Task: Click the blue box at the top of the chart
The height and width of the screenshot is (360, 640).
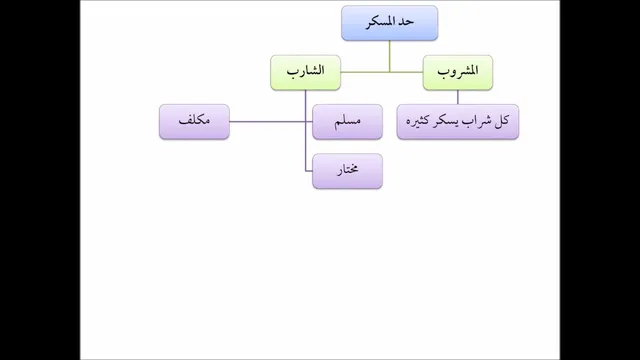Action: click(x=389, y=23)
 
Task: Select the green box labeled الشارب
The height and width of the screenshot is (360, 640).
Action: click(x=305, y=72)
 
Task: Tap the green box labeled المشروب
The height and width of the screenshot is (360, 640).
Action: click(x=458, y=72)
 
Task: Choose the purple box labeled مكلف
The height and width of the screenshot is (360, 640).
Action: click(x=194, y=122)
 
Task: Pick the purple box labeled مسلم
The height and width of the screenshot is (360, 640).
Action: click(x=347, y=122)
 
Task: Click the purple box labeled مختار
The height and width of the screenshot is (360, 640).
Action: click(x=347, y=171)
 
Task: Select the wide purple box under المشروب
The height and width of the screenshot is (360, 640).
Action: click(x=458, y=122)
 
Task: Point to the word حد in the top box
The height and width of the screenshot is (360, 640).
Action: click(x=407, y=22)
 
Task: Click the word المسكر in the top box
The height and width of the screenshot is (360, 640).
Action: click(x=382, y=22)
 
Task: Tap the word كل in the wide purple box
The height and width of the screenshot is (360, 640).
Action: click(x=502, y=121)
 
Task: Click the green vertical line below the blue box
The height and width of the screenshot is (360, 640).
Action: click(x=389, y=56)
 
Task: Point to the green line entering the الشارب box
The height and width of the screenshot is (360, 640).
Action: click(x=365, y=72)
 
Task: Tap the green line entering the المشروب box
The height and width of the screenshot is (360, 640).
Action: click(x=407, y=72)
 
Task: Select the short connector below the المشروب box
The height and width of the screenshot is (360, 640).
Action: click(x=458, y=97)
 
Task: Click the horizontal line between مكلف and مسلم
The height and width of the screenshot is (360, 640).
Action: click(x=271, y=122)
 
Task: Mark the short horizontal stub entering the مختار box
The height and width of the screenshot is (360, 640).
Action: click(x=309, y=171)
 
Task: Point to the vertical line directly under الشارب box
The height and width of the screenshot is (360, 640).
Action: click(x=305, y=131)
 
